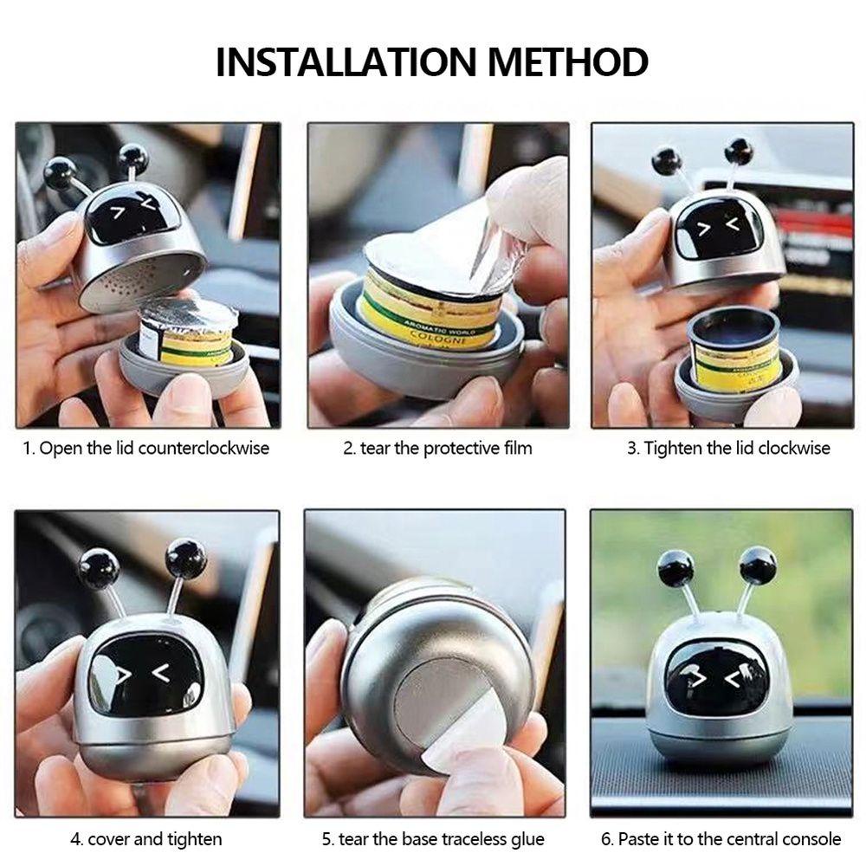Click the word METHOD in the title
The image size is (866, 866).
tap(568, 61)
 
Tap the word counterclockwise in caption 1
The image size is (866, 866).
tap(204, 448)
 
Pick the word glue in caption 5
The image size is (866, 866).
tap(527, 839)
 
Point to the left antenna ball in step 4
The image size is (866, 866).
tap(100, 568)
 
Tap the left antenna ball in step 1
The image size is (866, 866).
tap(61, 173)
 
